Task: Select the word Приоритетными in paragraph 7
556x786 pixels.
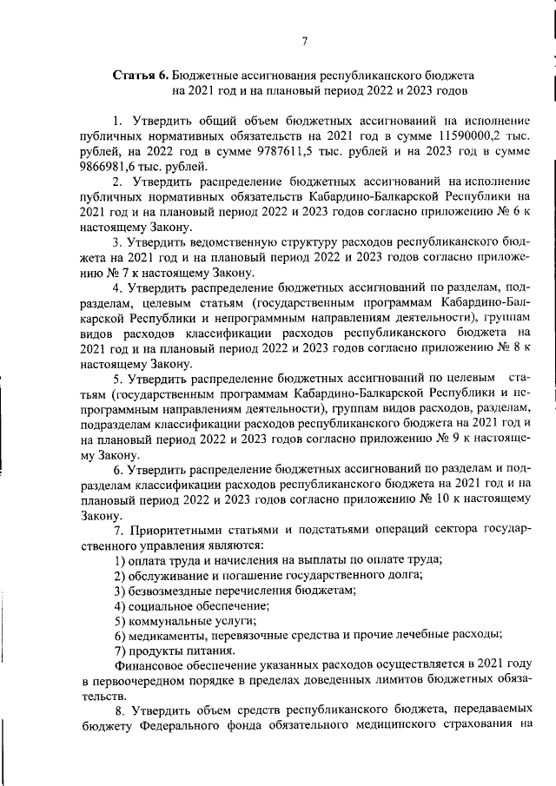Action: coord(173,530)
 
